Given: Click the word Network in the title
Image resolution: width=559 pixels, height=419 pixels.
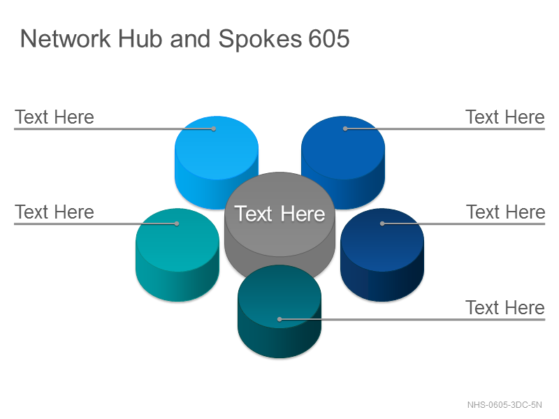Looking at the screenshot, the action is (x=66, y=38).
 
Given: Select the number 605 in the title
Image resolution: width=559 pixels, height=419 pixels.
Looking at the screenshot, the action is (x=328, y=38).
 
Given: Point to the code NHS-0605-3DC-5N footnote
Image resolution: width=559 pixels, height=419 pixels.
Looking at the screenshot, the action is (x=504, y=405).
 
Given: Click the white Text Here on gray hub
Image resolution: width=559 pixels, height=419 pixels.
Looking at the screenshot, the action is (x=280, y=214).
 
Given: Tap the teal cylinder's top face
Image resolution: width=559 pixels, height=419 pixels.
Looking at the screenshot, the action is (x=177, y=240).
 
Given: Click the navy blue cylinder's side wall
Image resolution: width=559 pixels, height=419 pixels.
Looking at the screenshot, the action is (x=382, y=281).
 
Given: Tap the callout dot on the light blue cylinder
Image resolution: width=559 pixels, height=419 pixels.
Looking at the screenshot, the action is (x=214, y=128).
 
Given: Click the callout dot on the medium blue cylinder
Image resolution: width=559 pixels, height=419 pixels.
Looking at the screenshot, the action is (x=345, y=128).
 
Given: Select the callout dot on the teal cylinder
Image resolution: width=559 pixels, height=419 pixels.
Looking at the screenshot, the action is (x=177, y=223).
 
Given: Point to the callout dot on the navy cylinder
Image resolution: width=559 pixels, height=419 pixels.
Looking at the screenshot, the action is (x=382, y=223).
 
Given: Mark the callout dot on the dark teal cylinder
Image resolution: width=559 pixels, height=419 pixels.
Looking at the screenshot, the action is (x=280, y=319).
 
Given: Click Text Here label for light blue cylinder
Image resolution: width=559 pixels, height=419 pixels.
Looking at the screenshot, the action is (x=55, y=117).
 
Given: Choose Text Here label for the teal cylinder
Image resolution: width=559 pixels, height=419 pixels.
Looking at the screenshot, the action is (x=55, y=212).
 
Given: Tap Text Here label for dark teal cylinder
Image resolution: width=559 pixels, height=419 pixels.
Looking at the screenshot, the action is (x=505, y=307).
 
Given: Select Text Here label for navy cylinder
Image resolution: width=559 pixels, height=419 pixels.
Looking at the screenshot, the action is (x=505, y=212).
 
